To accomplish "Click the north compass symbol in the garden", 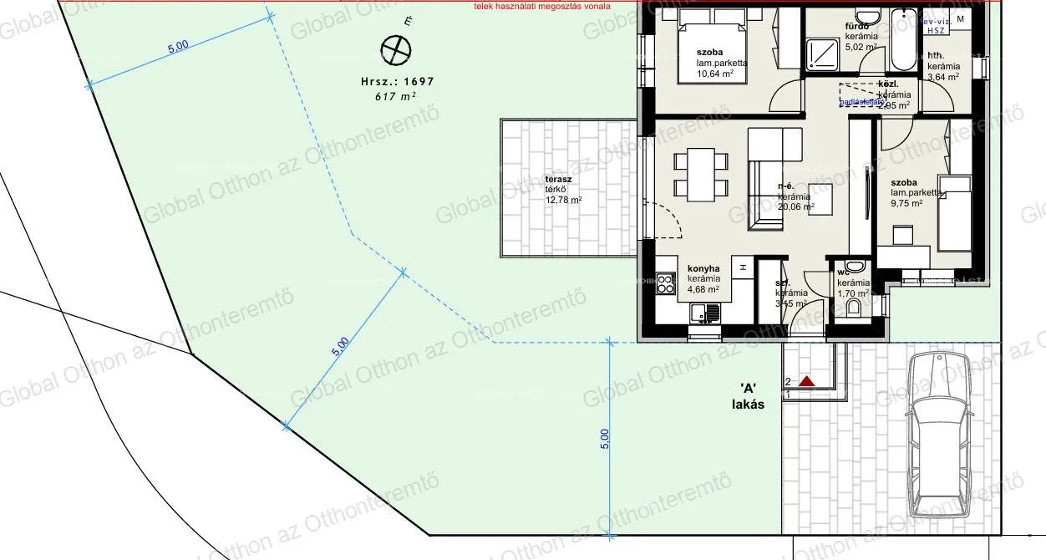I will click(395, 51).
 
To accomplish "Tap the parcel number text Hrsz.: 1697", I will click(397, 82).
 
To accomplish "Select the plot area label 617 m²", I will click(396, 96).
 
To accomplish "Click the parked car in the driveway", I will click(940, 434).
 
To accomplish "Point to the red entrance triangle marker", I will click(806, 381).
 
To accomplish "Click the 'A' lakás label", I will click(748, 395).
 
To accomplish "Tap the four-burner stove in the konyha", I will click(666, 283).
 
